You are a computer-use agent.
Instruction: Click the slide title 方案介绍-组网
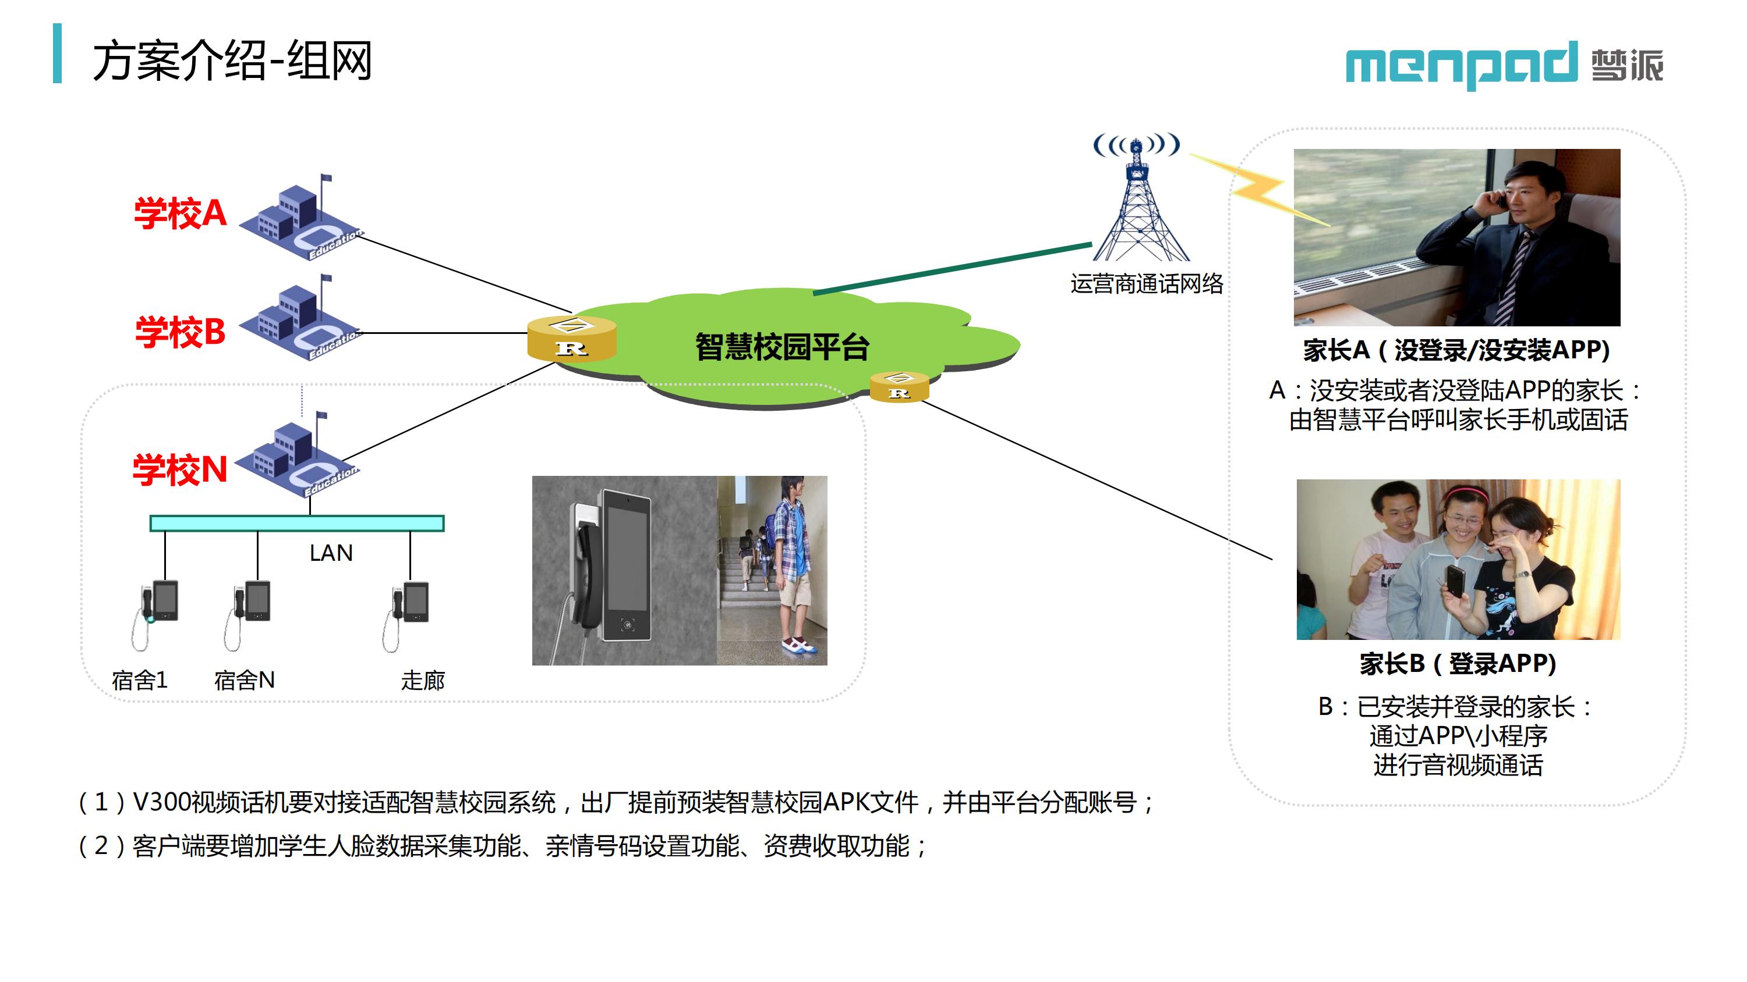pyautogui.click(x=232, y=61)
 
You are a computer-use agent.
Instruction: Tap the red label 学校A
pyautogui.click(x=180, y=213)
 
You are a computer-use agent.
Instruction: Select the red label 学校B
pyautogui.click(x=180, y=332)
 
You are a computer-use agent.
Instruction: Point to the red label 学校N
pyautogui.click(x=180, y=469)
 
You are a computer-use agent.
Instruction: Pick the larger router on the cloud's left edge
pyautogui.click(x=572, y=338)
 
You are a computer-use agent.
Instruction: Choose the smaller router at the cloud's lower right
pyautogui.click(x=899, y=387)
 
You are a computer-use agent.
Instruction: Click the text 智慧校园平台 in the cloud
pyautogui.click(x=782, y=346)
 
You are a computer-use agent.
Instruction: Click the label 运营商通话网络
pyautogui.click(x=1147, y=283)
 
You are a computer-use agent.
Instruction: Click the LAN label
pyautogui.click(x=331, y=553)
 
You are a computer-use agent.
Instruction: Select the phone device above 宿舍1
pyautogui.click(x=155, y=613)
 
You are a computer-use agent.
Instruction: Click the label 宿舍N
pyautogui.click(x=244, y=679)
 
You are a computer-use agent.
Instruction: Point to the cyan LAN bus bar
pyautogui.click(x=297, y=523)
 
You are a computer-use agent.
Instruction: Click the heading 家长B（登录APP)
pyautogui.click(x=1458, y=663)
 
